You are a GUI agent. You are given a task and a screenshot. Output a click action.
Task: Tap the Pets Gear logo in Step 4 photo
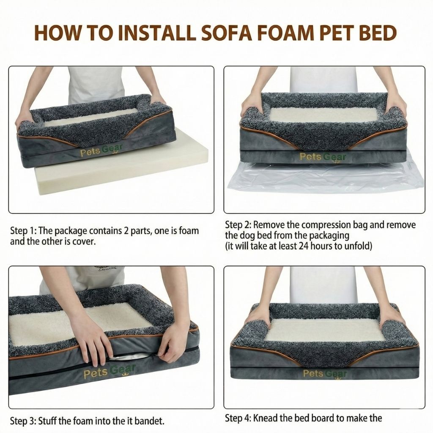coord(325,373)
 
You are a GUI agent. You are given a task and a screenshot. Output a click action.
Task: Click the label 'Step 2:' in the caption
coord(238,225)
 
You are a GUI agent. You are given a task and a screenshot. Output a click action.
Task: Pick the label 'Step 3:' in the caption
coord(23,421)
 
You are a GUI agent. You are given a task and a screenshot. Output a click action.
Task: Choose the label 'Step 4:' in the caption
coord(238,418)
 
